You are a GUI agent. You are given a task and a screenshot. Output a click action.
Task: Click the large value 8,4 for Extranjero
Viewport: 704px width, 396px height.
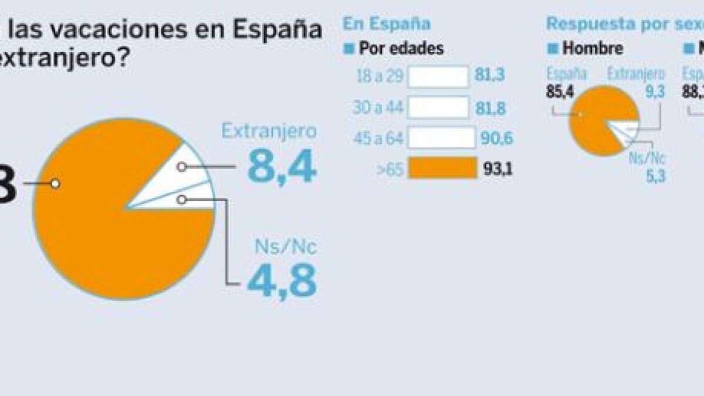[282, 166]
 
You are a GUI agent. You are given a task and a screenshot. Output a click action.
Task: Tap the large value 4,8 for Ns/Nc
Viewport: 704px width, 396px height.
[282, 280]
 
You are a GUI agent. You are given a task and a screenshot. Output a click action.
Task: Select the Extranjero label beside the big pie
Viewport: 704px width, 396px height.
[269, 131]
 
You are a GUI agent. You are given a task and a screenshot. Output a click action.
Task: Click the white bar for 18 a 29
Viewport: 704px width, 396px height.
[438, 77]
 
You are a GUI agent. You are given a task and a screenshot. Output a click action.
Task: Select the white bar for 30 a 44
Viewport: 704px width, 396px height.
[438, 107]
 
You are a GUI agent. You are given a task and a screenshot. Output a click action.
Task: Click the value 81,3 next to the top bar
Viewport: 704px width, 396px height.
[492, 77]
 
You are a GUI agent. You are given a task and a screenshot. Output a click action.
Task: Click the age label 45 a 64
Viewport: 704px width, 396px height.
[378, 138]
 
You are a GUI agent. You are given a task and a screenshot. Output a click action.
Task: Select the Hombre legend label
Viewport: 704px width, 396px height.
[593, 48]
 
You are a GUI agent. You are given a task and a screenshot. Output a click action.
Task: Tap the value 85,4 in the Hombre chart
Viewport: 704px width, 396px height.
[559, 92]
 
